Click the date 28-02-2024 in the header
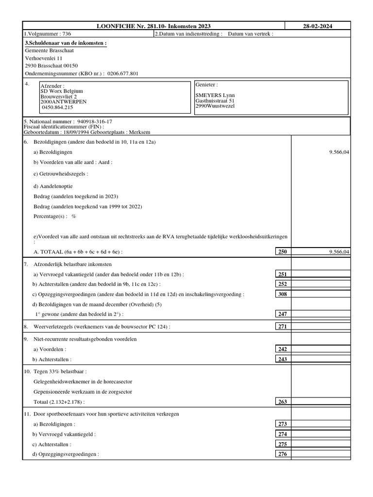[318, 26]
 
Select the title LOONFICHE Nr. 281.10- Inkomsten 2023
[154, 26]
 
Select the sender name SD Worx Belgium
[62, 91]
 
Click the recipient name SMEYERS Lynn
[215, 95]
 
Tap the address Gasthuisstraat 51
[215, 100]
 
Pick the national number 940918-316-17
[94, 121]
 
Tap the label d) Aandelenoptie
[53, 186]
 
